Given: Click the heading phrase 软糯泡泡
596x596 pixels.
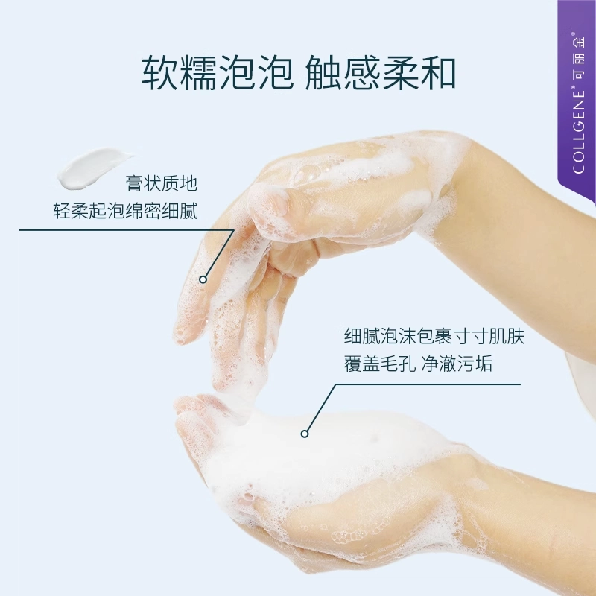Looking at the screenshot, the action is click(x=217, y=72).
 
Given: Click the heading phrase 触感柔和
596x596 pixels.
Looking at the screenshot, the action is click(x=380, y=72).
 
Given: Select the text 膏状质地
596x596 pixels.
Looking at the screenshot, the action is click(x=161, y=183).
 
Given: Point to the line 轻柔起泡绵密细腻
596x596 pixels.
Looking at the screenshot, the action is click(x=125, y=211).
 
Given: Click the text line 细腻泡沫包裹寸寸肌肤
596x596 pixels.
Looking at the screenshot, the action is click(x=434, y=336).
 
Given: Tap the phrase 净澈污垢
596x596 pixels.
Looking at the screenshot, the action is click(x=457, y=364).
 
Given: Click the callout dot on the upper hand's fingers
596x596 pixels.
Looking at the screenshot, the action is click(x=203, y=279).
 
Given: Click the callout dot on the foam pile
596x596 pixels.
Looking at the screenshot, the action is click(x=305, y=434).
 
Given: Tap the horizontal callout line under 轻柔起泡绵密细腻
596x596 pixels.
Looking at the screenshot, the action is click(x=126, y=230).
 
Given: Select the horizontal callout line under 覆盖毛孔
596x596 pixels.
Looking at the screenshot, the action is click(x=428, y=384).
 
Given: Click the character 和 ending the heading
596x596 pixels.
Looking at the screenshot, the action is click(x=438, y=72).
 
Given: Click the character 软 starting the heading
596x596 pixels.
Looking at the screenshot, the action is click(x=159, y=72).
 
